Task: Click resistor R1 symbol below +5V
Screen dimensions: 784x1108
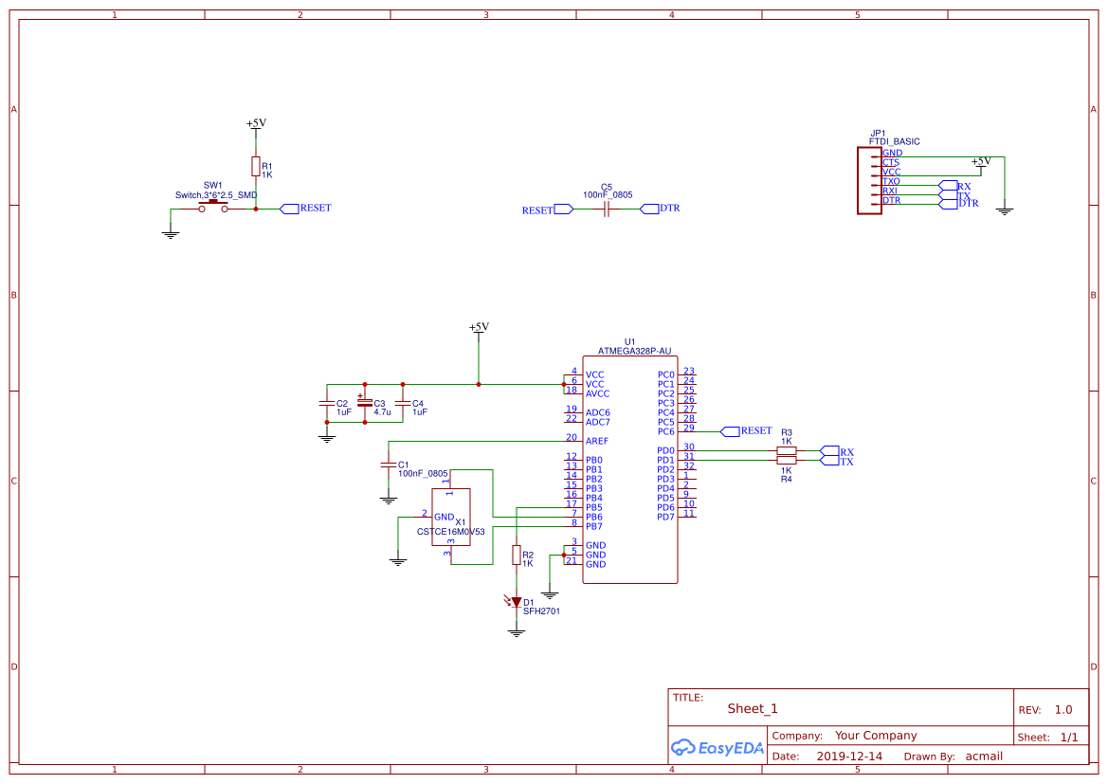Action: (255, 167)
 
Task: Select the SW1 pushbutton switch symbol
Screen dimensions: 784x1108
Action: (213, 207)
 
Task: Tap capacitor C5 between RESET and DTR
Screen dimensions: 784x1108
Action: (607, 210)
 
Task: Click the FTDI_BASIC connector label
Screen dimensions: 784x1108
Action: (894, 142)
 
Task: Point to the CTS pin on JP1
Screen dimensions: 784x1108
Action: (890, 162)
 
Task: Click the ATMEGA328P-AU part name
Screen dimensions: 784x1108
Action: (634, 351)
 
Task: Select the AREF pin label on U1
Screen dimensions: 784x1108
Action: (597, 441)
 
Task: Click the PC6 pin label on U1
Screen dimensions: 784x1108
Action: (666, 431)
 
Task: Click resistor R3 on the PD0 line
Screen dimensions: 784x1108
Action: (786, 450)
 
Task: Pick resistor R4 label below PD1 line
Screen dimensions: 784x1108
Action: (786, 479)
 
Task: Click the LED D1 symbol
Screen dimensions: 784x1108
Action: (517, 601)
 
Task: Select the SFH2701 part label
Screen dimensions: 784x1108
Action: (541, 611)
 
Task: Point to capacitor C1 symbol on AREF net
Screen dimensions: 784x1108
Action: (388, 465)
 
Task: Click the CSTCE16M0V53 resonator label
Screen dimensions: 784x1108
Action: (450, 532)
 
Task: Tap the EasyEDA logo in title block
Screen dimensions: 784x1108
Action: (717, 747)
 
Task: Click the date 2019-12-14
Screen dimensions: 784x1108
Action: (849, 757)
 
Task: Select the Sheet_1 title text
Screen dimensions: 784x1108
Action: (753, 708)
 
